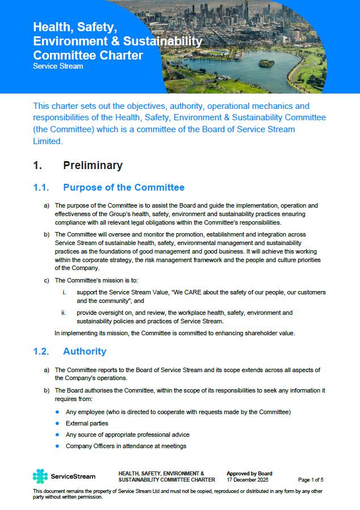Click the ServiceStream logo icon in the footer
click(x=40, y=476)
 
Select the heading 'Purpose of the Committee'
click(x=124, y=187)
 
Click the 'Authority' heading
click(x=85, y=351)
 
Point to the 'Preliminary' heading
click(x=93, y=165)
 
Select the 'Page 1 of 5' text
click(x=311, y=479)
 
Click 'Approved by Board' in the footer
click(x=249, y=473)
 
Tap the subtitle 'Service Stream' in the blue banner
click(x=58, y=66)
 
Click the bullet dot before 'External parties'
click(x=57, y=423)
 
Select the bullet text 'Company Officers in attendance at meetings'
click(x=126, y=446)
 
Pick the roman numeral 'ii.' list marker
click(x=64, y=313)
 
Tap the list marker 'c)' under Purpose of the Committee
click(x=47, y=280)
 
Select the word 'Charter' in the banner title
click(x=122, y=55)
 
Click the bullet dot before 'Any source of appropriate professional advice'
click(x=57, y=435)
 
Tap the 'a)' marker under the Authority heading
click(x=47, y=370)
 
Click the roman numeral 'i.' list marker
click(x=64, y=292)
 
